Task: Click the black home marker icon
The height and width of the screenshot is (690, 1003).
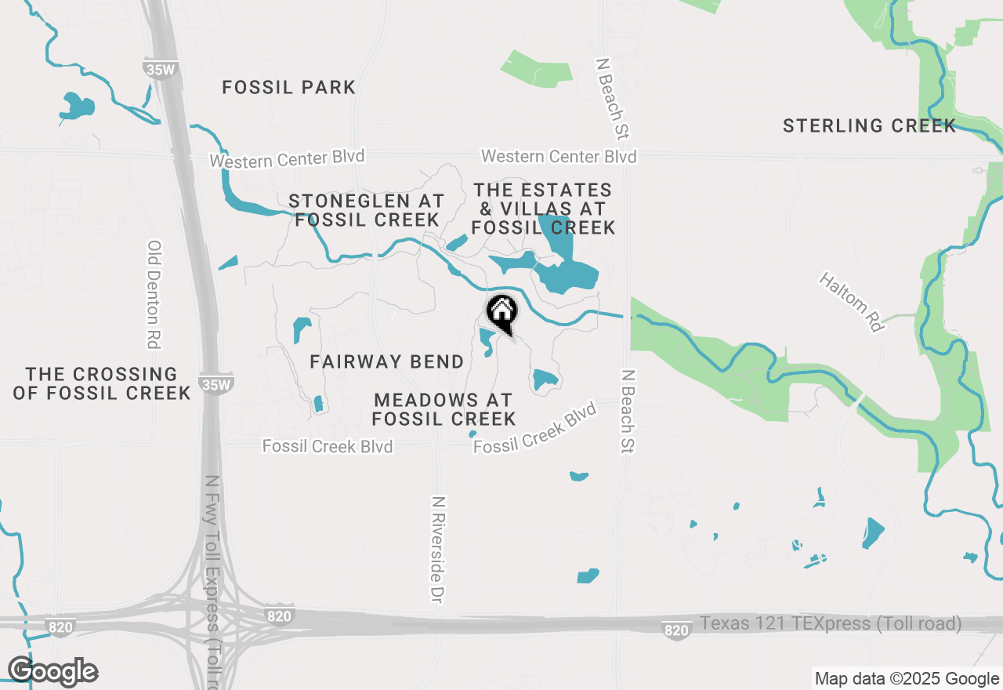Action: click(501, 312)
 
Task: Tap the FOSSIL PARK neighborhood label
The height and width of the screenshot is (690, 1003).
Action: click(289, 87)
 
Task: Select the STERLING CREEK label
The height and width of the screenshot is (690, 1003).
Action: click(869, 125)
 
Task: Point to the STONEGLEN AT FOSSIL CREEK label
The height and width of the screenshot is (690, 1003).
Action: click(367, 210)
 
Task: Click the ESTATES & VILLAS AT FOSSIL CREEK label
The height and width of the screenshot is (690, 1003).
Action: click(543, 209)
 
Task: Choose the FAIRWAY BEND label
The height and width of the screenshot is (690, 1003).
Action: click(387, 361)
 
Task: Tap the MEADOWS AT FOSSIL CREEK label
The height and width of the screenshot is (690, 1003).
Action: click(444, 409)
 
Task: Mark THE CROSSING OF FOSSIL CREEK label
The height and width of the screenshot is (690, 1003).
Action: click(102, 383)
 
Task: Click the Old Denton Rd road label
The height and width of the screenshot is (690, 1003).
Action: click(154, 294)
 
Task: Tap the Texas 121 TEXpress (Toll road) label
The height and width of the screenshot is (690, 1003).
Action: click(831, 624)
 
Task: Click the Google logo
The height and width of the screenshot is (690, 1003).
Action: click(53, 671)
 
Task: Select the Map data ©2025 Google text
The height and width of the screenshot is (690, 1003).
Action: click(907, 679)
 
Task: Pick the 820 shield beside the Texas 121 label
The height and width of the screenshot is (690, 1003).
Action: click(676, 629)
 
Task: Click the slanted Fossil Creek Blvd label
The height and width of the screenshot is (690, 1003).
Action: click(535, 428)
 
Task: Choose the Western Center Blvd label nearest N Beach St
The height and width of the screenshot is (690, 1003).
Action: click(559, 156)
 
